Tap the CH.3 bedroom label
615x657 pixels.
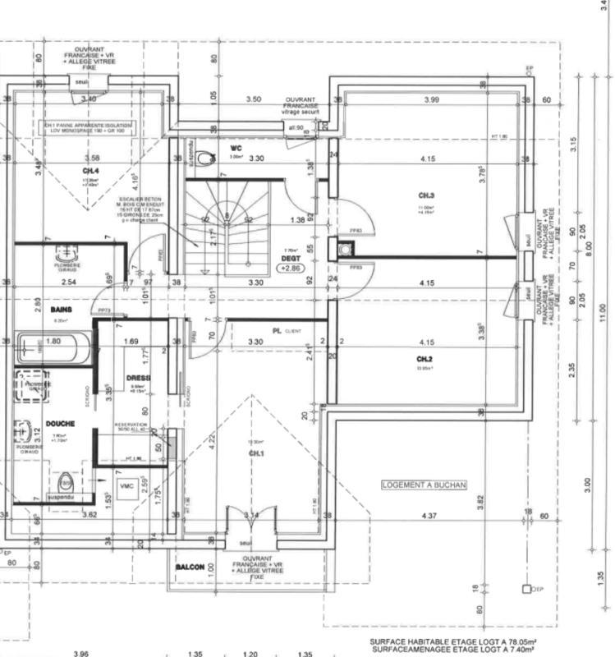[x=425, y=195]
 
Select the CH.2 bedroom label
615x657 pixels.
[x=424, y=360]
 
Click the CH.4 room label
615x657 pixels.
[x=89, y=171]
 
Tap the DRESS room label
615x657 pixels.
[x=138, y=378]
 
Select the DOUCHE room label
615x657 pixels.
[x=62, y=424]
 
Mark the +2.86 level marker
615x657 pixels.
[x=291, y=268]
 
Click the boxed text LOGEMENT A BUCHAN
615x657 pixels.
[x=424, y=485]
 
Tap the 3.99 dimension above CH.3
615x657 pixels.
[x=432, y=99]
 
